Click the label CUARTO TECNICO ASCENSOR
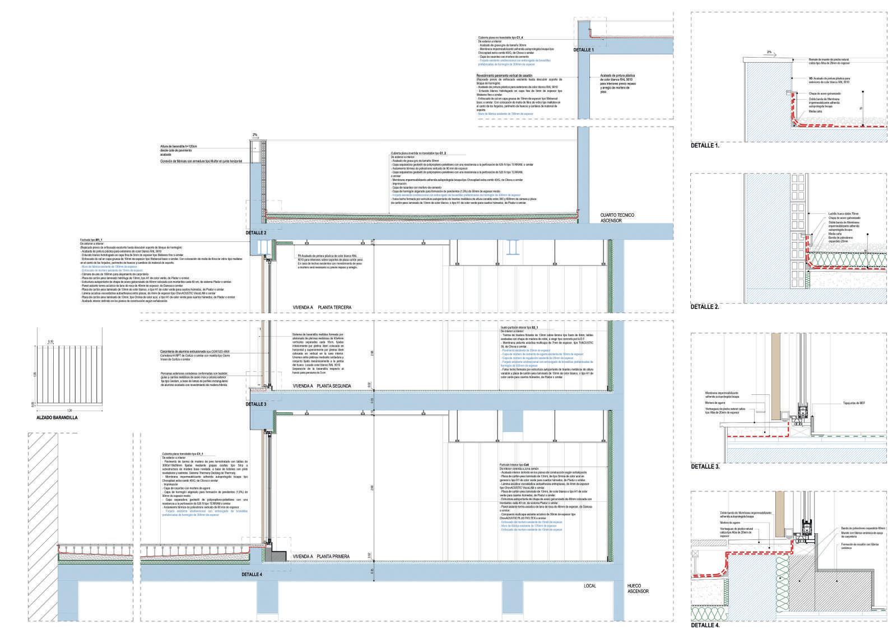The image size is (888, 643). pos(618,217)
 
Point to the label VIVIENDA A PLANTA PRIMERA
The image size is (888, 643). pos(322,556)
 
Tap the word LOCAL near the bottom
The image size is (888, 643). pos(590,586)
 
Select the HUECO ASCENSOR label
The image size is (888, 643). pos(638,588)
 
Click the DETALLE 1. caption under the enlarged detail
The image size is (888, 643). pos(705,145)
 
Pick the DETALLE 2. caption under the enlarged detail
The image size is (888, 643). pos(705,307)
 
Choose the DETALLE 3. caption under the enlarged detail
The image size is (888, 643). pos(705,466)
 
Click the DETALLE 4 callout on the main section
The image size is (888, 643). pos(252,574)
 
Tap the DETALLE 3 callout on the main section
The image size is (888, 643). pos(256,404)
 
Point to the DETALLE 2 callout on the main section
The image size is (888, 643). pos(256,232)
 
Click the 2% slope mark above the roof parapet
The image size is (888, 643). pos(255,135)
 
